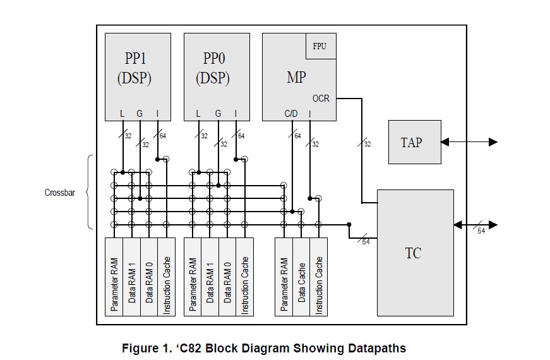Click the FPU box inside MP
320,47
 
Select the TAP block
414,142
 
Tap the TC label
413,253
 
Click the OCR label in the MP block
321,99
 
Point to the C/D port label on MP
291,114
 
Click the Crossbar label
60,192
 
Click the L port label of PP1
123,114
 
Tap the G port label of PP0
218,114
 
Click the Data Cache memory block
302,276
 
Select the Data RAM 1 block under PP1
132,276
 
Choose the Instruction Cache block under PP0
244,276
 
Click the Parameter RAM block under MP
284,276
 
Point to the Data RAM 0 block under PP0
227,276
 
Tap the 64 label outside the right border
481,231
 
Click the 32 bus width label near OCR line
367,144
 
